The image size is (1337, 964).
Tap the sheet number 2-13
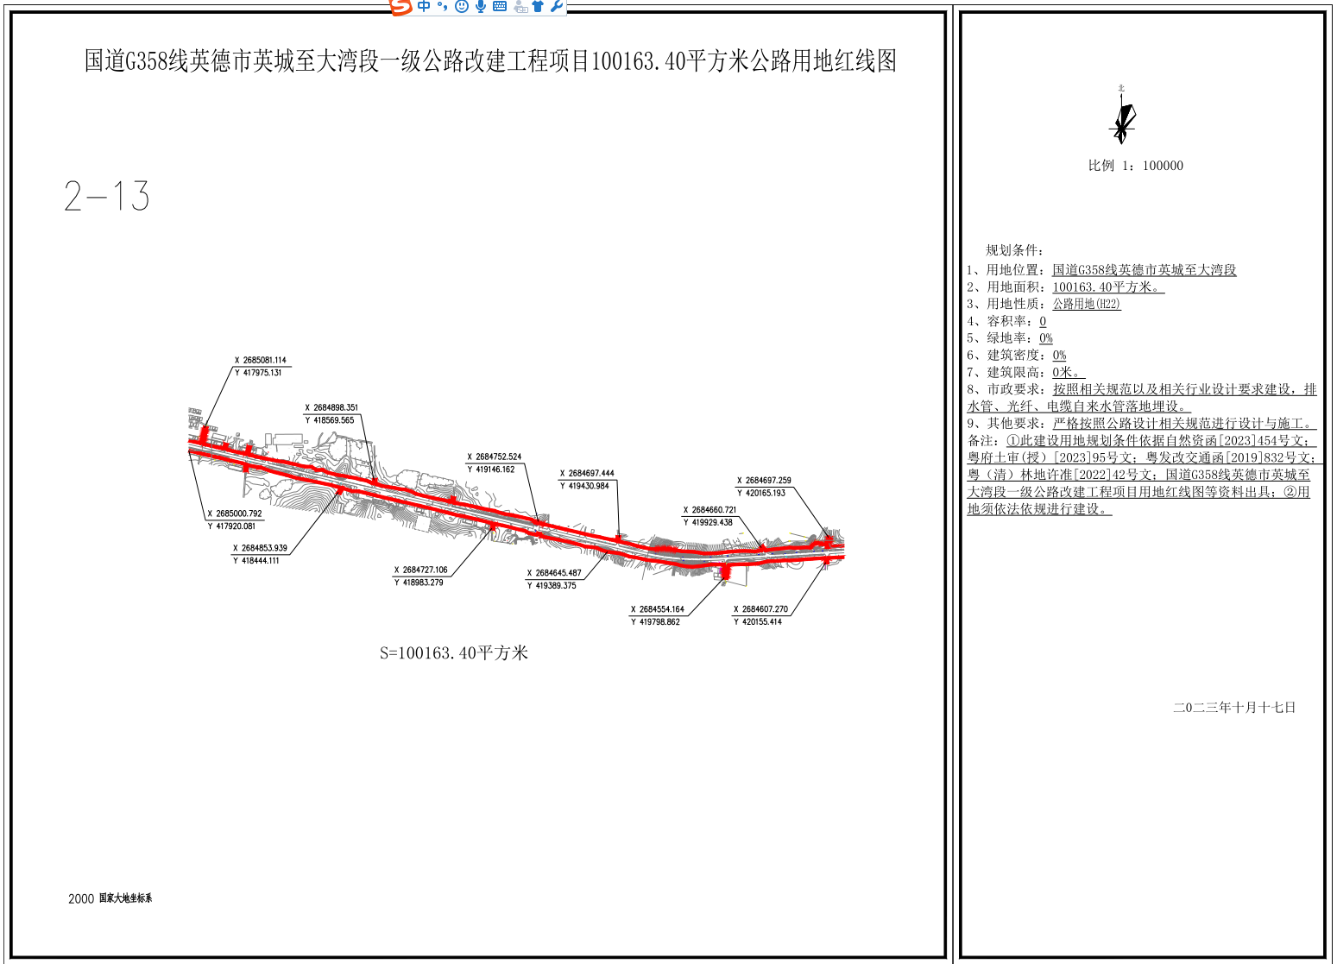coord(107,197)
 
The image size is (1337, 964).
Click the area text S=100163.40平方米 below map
coord(454,653)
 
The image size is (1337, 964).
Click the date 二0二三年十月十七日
coord(1234,708)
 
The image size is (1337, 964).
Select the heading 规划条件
coord(1014,250)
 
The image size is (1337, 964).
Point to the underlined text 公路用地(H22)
coord(1086,304)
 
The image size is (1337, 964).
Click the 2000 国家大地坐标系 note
coord(110,898)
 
